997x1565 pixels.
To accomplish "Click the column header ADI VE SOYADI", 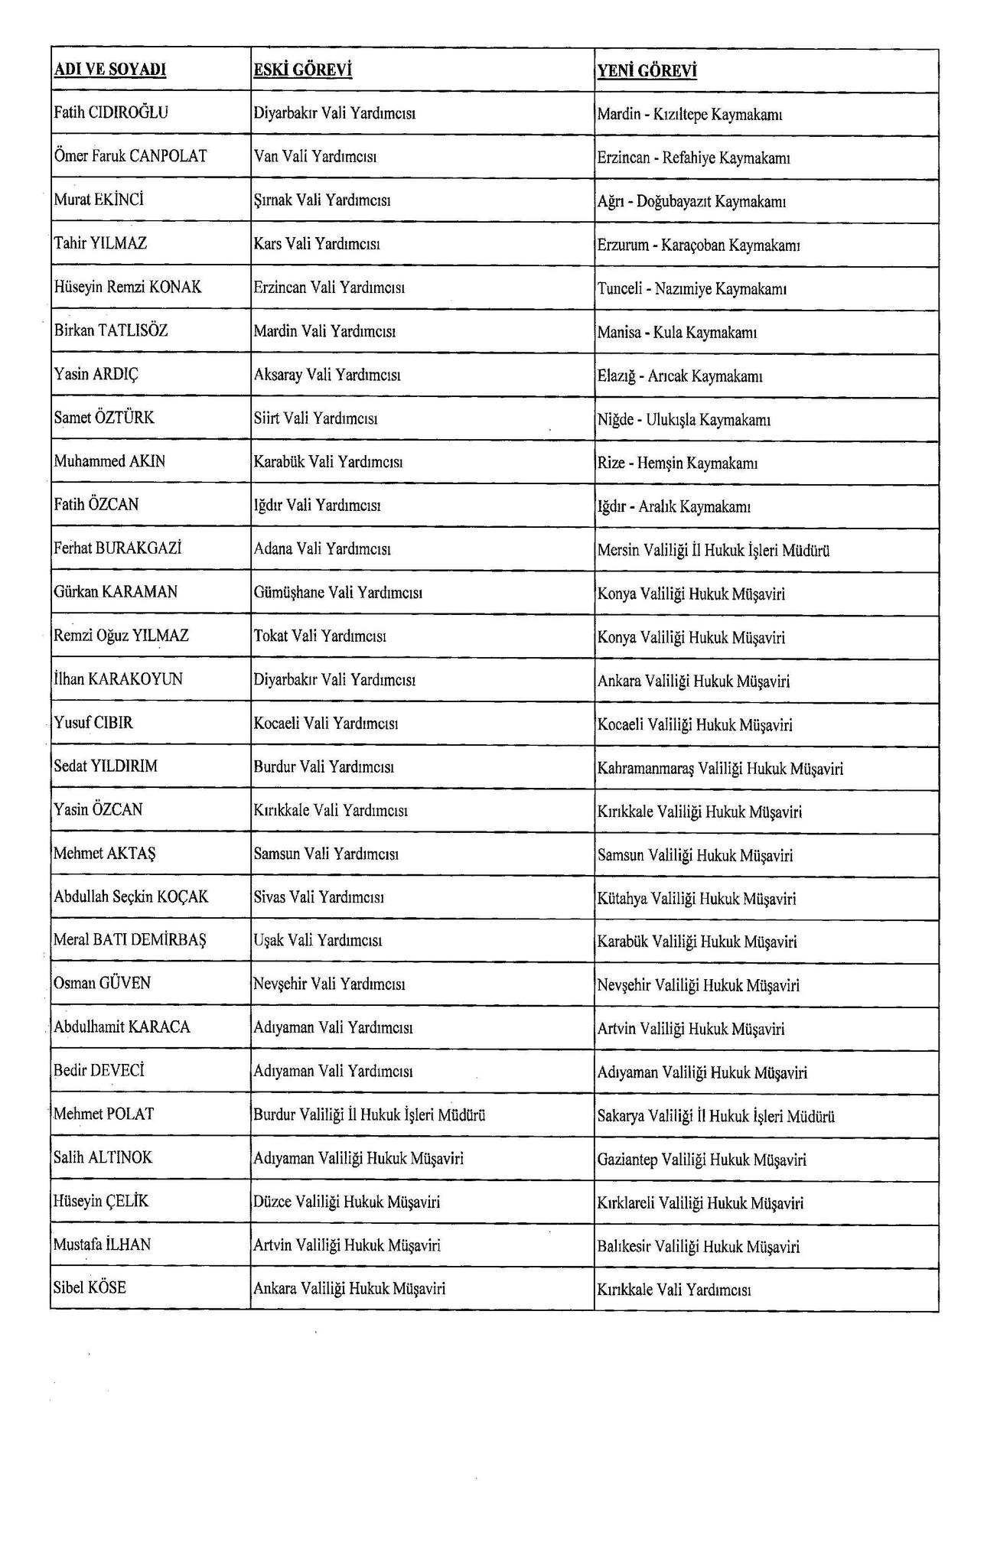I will (x=110, y=70).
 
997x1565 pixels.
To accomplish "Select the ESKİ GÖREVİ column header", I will (x=302, y=70).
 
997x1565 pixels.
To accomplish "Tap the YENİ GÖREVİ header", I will (x=647, y=71).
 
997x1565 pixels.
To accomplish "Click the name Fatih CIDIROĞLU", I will (x=111, y=112).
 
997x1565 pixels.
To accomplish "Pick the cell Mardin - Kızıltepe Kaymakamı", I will (x=689, y=115).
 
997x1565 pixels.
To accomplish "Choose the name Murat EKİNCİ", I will (x=99, y=200).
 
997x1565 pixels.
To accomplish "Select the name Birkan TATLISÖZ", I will (x=111, y=330).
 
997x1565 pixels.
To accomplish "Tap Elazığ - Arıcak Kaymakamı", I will (x=680, y=376).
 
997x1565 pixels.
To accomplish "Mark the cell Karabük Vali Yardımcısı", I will (x=328, y=462).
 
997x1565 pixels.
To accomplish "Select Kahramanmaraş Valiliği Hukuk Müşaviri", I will (x=720, y=768).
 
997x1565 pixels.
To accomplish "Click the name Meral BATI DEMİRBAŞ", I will (x=130, y=940).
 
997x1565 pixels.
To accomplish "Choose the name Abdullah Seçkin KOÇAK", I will (x=131, y=896).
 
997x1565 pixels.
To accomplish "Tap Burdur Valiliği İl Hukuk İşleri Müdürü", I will (x=370, y=1114).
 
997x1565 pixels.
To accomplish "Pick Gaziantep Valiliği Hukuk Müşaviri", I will (x=702, y=1160).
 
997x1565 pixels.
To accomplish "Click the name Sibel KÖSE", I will (x=90, y=1287).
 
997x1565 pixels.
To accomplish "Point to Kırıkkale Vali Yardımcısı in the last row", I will (x=674, y=1290).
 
